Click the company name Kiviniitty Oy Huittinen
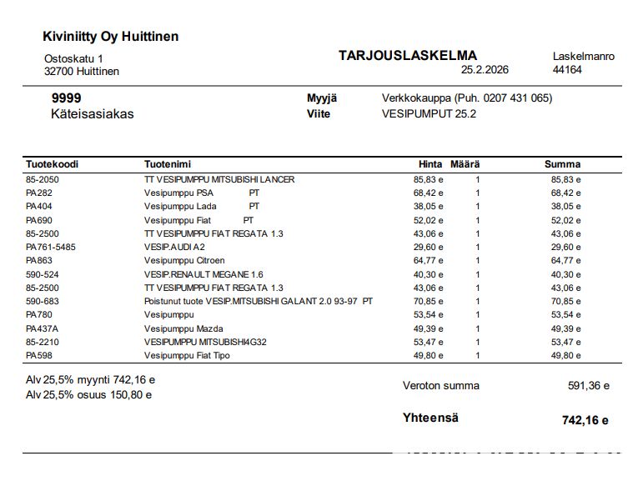(110, 37)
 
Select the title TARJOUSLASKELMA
(408, 56)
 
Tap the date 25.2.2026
(485, 70)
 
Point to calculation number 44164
(567, 70)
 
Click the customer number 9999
(66, 98)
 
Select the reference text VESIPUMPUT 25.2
(429, 114)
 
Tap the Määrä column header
(465, 164)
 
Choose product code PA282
(39, 193)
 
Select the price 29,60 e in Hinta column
(429, 247)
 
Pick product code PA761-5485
(51, 247)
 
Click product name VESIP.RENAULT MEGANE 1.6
(203, 274)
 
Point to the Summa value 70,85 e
(565, 301)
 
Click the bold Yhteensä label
(430, 418)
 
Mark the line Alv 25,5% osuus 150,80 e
(88, 395)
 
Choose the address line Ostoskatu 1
(73, 58)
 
